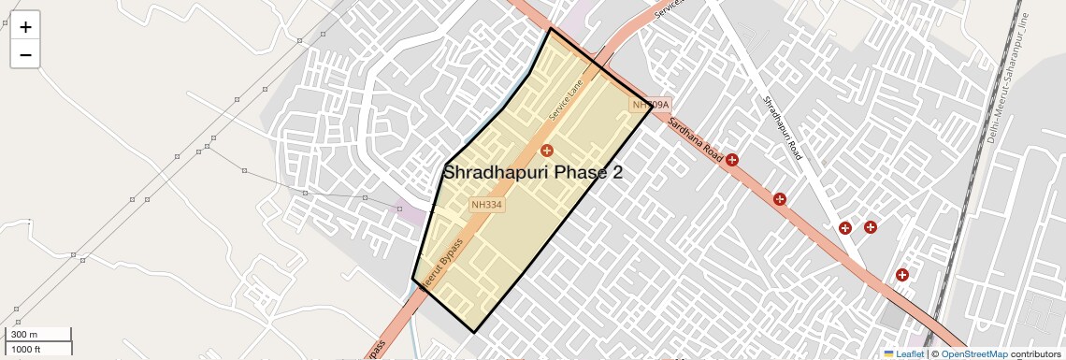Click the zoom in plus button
pyautogui.click(x=25, y=27)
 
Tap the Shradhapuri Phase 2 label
pyautogui.click(x=532, y=172)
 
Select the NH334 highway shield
pyautogui.click(x=487, y=204)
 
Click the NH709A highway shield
pyautogui.click(x=651, y=105)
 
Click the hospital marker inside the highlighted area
pyautogui.click(x=547, y=150)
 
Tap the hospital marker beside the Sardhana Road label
pyautogui.click(x=732, y=160)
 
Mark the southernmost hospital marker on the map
pyautogui.click(x=902, y=275)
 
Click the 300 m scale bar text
pyautogui.click(x=25, y=335)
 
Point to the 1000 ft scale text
pyautogui.click(x=26, y=349)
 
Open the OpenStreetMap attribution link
pyautogui.click(x=974, y=353)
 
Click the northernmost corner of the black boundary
pyautogui.click(x=550, y=29)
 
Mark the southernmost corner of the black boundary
pyautogui.click(x=474, y=332)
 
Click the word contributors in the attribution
pyautogui.click(x=1035, y=353)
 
